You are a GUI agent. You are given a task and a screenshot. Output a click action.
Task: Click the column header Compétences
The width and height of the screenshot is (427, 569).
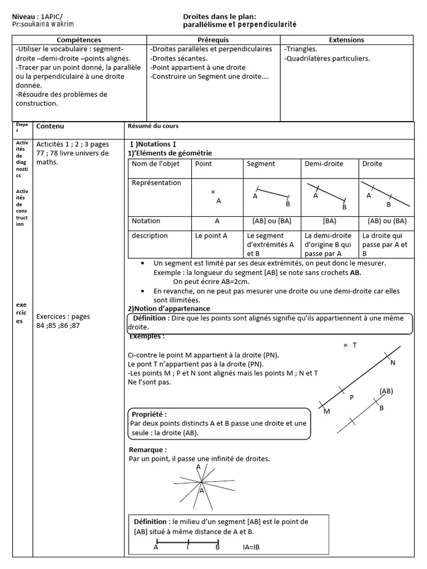click(79, 40)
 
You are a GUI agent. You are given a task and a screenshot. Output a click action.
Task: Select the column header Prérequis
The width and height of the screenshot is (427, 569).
click(213, 40)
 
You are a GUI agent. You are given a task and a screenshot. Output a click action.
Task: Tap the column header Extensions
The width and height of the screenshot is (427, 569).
click(346, 40)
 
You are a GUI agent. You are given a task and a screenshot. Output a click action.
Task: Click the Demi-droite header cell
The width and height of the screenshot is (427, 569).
click(324, 164)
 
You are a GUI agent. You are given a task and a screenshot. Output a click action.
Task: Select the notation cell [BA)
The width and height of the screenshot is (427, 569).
click(329, 221)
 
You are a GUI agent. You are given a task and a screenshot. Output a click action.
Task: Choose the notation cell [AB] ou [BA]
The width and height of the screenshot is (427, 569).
click(271, 221)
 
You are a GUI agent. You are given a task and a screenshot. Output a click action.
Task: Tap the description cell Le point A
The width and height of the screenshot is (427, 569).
click(211, 236)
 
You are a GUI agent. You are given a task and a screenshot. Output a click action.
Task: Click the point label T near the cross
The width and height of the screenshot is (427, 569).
click(354, 345)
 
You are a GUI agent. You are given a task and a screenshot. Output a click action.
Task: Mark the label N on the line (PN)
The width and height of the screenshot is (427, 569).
click(393, 363)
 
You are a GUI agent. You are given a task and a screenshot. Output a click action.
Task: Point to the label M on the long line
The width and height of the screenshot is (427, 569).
click(327, 411)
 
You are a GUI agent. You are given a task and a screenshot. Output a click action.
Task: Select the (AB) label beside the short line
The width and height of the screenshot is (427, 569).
click(386, 391)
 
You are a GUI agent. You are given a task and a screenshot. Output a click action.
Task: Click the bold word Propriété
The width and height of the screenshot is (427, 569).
click(148, 415)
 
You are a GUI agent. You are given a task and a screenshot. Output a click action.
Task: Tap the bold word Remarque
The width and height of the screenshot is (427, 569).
click(147, 450)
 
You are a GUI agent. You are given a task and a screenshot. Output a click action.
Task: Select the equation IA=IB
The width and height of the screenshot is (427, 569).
click(252, 547)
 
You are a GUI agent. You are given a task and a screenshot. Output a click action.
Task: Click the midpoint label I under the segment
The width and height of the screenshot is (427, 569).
click(188, 547)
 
